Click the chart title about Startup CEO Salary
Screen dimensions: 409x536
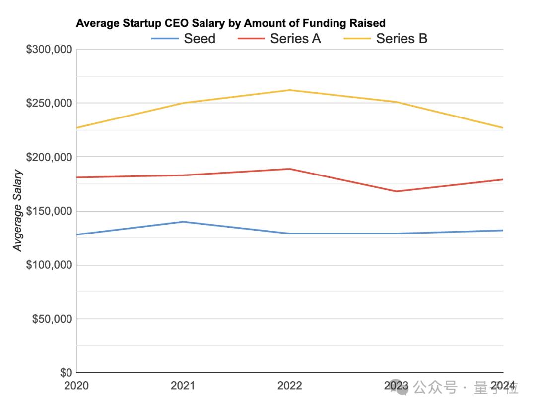tap(231, 23)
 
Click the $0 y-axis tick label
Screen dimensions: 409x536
tap(66, 373)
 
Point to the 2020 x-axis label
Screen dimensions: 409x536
tap(76, 386)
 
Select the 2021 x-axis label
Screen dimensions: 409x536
tap(183, 386)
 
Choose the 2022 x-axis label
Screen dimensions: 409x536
tap(290, 386)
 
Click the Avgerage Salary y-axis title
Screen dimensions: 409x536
tap(18, 210)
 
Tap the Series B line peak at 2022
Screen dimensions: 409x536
tap(290, 90)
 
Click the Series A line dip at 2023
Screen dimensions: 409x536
tap(397, 191)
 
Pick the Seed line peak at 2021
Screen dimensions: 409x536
tap(183, 222)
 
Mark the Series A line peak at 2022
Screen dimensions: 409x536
tap(290, 169)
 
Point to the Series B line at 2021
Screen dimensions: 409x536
tap(183, 103)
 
